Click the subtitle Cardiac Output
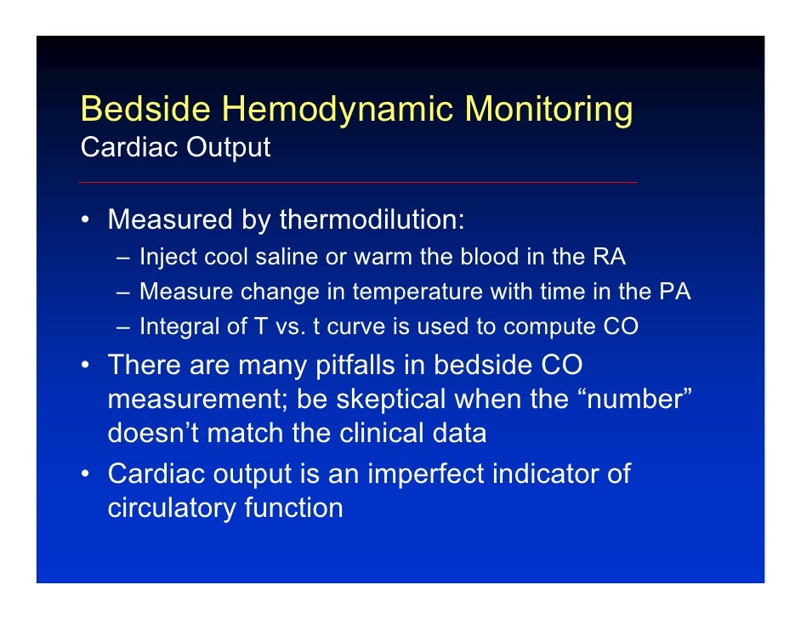pos(175,147)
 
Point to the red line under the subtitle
pos(357,182)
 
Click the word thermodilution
pos(372,220)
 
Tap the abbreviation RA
pos(607,256)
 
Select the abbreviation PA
pos(674,292)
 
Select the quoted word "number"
pos(631,399)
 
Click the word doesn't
pos(152,433)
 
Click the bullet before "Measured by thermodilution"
pos(86,221)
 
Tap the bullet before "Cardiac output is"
pos(86,474)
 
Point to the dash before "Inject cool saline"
pos(125,257)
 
